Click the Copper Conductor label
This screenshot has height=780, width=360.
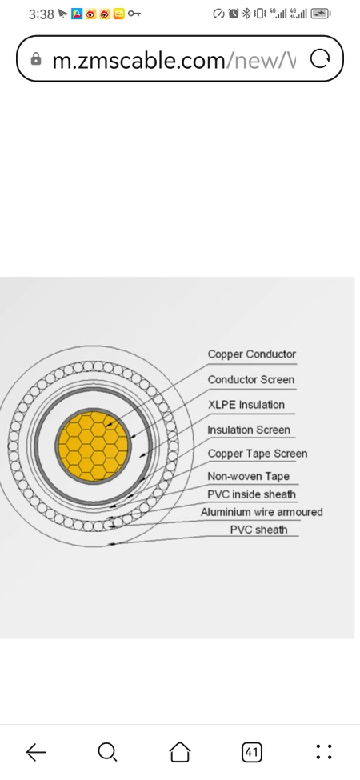252,354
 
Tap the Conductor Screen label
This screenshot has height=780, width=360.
250,379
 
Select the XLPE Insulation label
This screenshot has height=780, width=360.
246,405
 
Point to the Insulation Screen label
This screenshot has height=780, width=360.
249,430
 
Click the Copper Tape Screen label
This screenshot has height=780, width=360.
257,454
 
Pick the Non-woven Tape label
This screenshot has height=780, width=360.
248,477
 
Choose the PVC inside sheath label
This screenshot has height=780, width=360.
252,494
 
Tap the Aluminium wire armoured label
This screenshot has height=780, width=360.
262,512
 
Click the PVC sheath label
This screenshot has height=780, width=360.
258,530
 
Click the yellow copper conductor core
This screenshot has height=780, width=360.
93,446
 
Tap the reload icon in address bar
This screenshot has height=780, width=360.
320,59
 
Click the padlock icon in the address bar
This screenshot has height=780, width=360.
36,59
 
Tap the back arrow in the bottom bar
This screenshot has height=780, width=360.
36,752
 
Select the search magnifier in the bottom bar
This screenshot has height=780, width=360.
107,752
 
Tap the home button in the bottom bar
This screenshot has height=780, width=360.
180,752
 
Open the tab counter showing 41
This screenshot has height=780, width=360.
251,752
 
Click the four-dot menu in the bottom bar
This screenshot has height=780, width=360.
324,752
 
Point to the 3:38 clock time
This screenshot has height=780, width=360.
42,14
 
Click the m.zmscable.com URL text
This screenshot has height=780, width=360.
138,60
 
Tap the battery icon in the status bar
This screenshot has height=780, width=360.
321,14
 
